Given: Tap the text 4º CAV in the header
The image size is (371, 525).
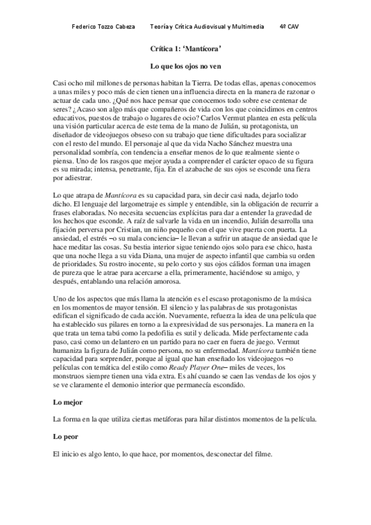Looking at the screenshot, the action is point(289,27).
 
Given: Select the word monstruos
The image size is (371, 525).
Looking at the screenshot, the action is point(72,376).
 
